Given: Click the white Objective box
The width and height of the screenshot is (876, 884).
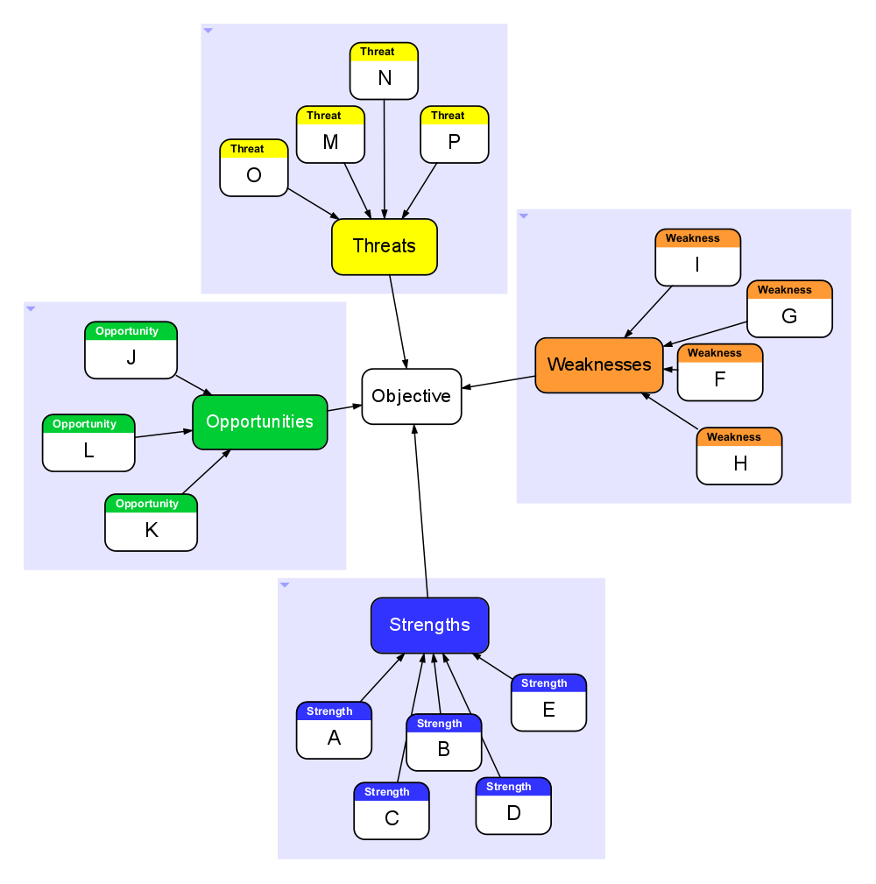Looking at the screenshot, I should [411, 396].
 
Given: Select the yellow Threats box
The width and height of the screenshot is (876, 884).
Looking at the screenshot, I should [384, 246].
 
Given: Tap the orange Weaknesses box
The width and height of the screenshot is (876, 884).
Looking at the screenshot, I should [599, 364].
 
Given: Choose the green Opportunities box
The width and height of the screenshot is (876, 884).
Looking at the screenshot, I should [260, 421].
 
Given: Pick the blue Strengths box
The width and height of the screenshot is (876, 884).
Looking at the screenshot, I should [429, 625].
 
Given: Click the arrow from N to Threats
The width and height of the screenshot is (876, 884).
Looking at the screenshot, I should [385, 158].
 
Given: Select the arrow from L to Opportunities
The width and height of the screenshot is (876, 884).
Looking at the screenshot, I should [164, 433].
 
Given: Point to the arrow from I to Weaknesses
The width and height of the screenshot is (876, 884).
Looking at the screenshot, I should [649, 311].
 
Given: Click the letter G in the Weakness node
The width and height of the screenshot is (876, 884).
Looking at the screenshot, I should [789, 316].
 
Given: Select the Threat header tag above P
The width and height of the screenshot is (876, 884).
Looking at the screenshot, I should [449, 116].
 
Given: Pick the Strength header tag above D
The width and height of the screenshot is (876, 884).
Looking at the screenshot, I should [509, 787].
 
